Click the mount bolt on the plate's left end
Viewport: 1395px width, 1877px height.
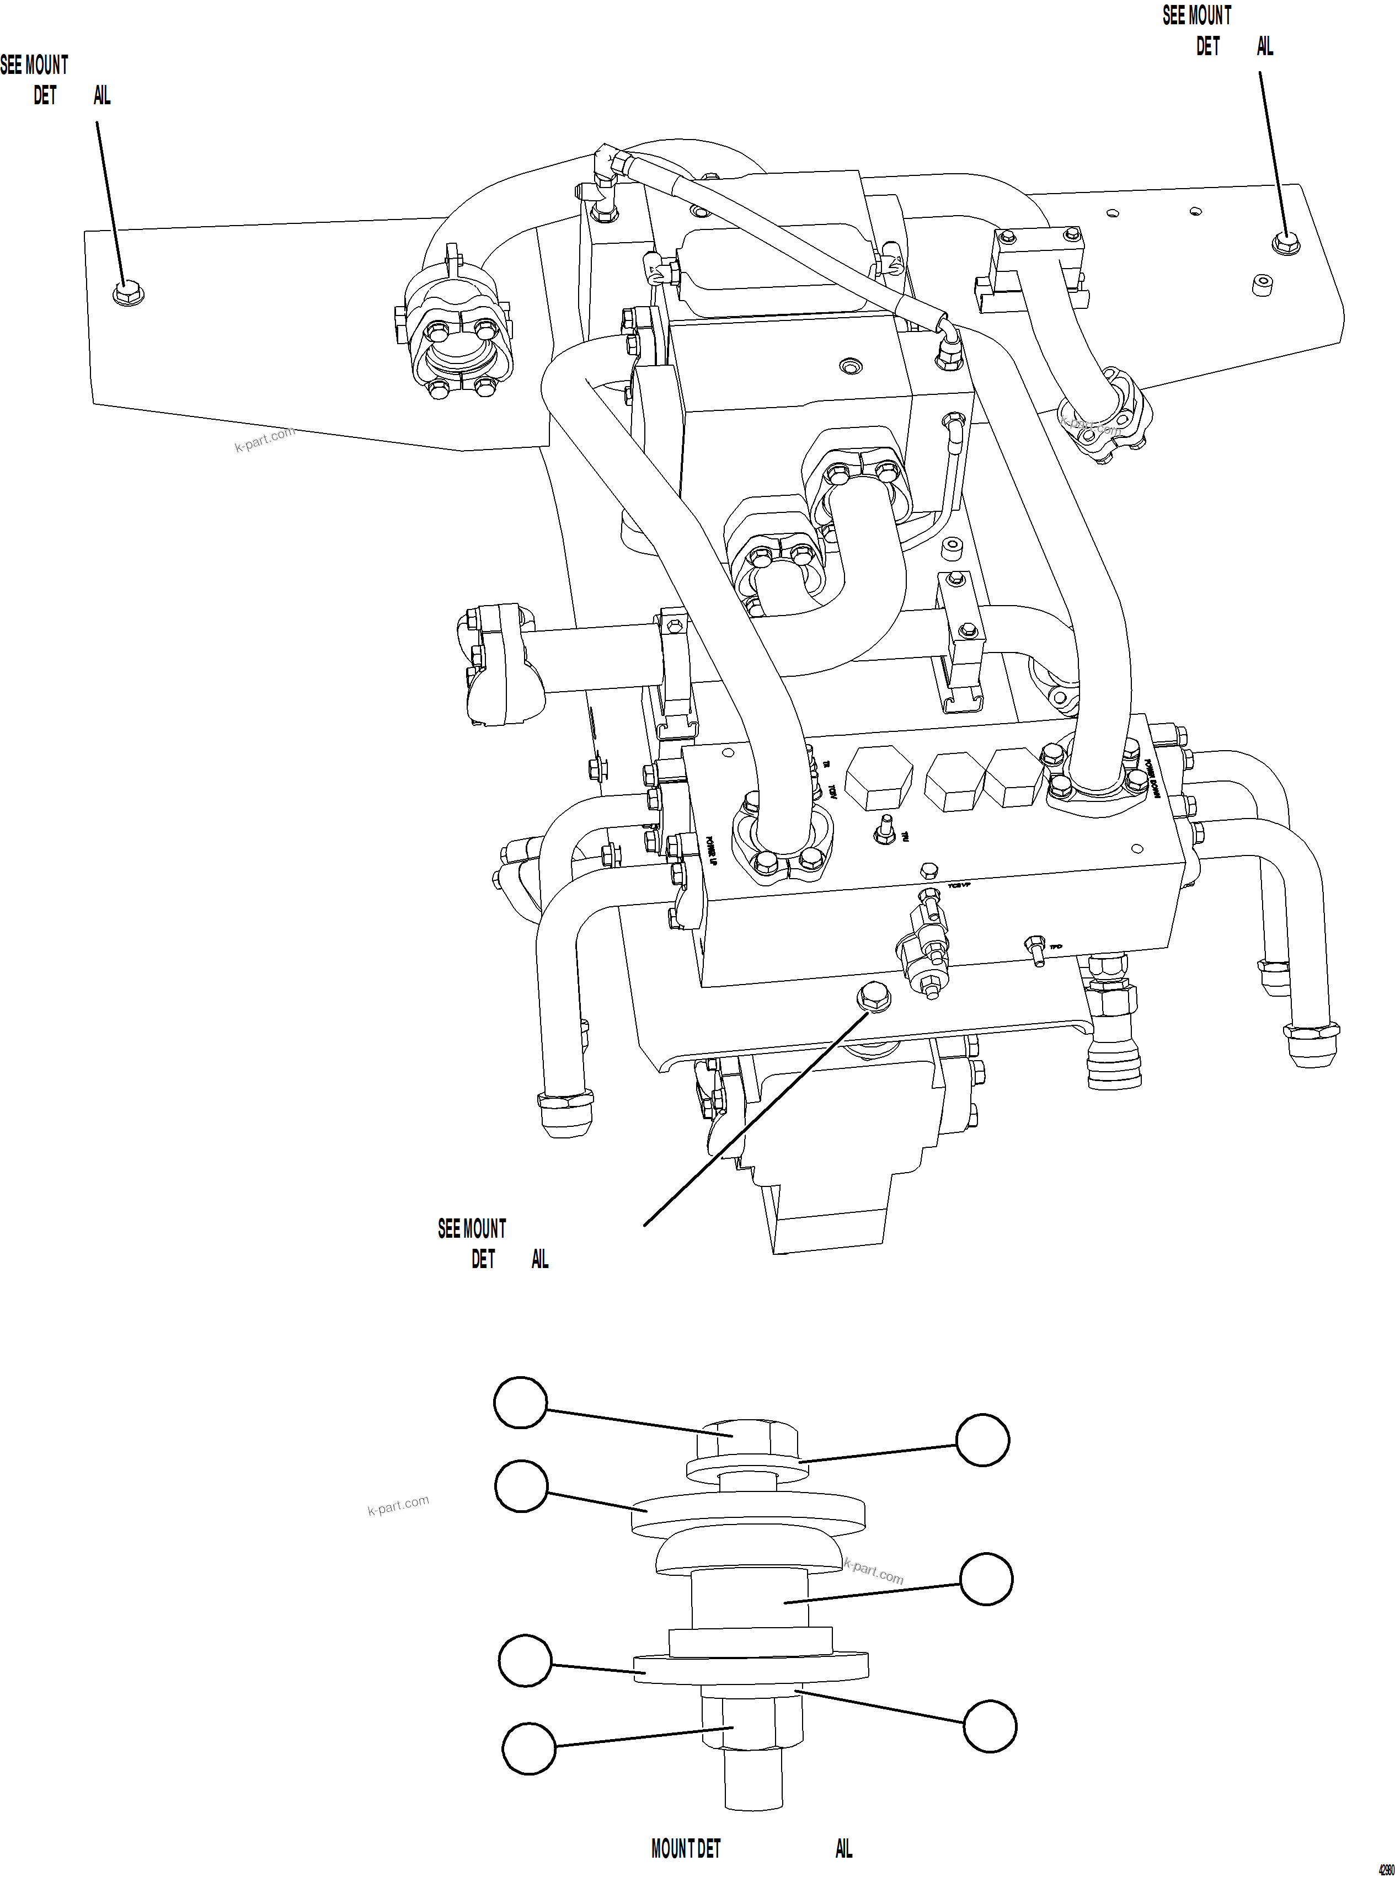pos(127,293)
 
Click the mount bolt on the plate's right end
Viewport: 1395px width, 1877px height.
pos(1285,243)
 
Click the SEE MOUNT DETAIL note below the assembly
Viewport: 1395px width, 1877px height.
pos(490,1243)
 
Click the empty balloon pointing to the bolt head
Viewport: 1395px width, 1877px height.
pos(520,1403)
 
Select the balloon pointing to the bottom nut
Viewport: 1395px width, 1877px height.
pos(530,1748)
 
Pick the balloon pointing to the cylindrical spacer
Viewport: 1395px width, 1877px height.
pos(986,1578)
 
